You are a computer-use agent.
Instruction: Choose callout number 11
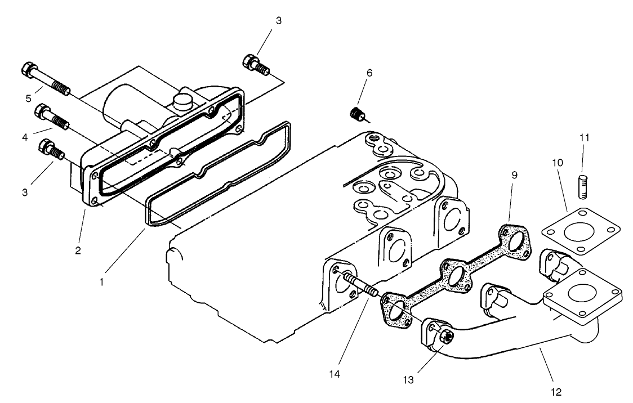point(584,137)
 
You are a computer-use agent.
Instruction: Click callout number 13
point(409,380)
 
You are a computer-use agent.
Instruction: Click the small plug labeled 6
point(356,115)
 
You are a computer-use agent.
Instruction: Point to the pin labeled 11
point(583,186)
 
